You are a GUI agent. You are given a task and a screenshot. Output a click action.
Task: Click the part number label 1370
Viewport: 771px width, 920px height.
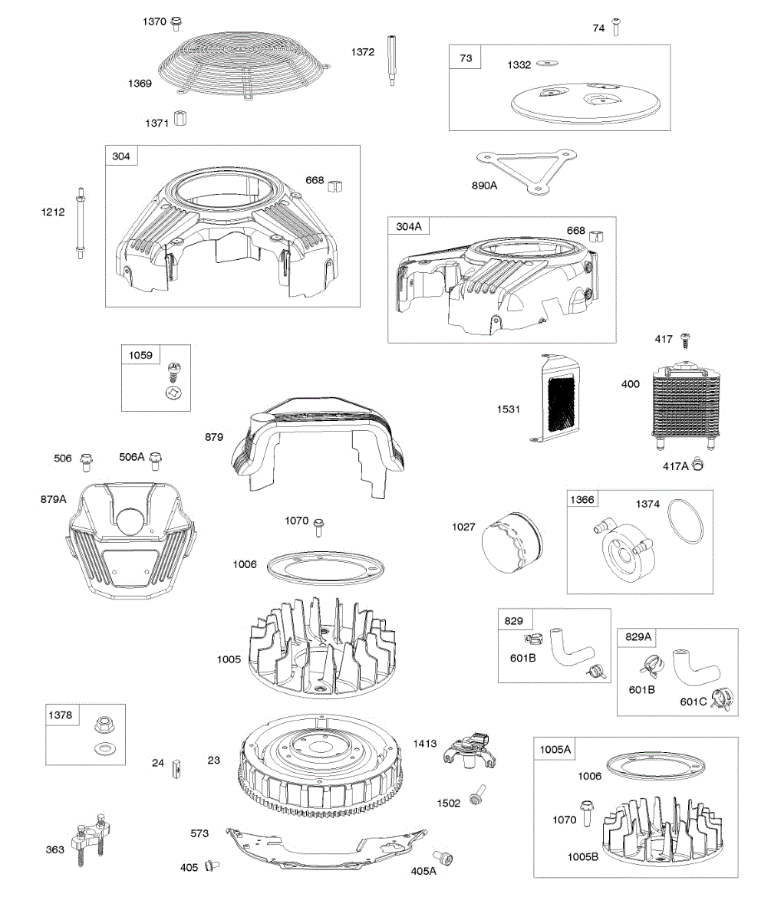point(154,21)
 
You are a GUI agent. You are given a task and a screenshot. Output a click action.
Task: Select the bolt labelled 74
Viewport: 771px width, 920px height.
point(617,28)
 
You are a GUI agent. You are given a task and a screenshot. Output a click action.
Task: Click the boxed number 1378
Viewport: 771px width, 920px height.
point(60,715)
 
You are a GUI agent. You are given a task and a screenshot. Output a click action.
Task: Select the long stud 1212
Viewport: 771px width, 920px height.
point(80,223)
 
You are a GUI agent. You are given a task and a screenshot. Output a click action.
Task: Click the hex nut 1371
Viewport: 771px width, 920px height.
point(180,120)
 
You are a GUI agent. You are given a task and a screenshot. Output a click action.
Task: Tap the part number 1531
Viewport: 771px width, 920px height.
point(508,409)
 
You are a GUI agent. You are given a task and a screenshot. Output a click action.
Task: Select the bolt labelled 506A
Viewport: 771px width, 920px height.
point(157,461)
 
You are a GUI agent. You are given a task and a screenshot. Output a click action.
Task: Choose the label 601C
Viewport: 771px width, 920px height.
point(693,701)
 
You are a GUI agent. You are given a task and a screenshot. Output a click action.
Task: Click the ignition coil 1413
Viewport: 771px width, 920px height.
point(470,750)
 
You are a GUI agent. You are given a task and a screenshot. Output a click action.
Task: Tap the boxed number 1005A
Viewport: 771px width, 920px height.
point(555,749)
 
